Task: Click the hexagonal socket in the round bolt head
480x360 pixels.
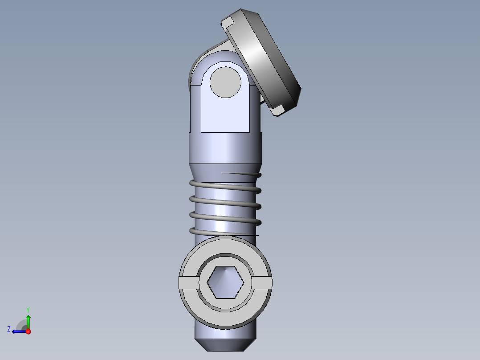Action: click(x=225, y=282)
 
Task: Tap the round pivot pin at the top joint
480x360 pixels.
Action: click(x=225, y=82)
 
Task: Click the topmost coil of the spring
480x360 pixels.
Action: click(x=225, y=186)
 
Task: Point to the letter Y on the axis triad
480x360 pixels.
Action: click(x=28, y=310)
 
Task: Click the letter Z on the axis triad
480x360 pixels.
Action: click(x=9, y=329)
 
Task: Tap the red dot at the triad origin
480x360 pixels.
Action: click(x=28, y=331)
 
